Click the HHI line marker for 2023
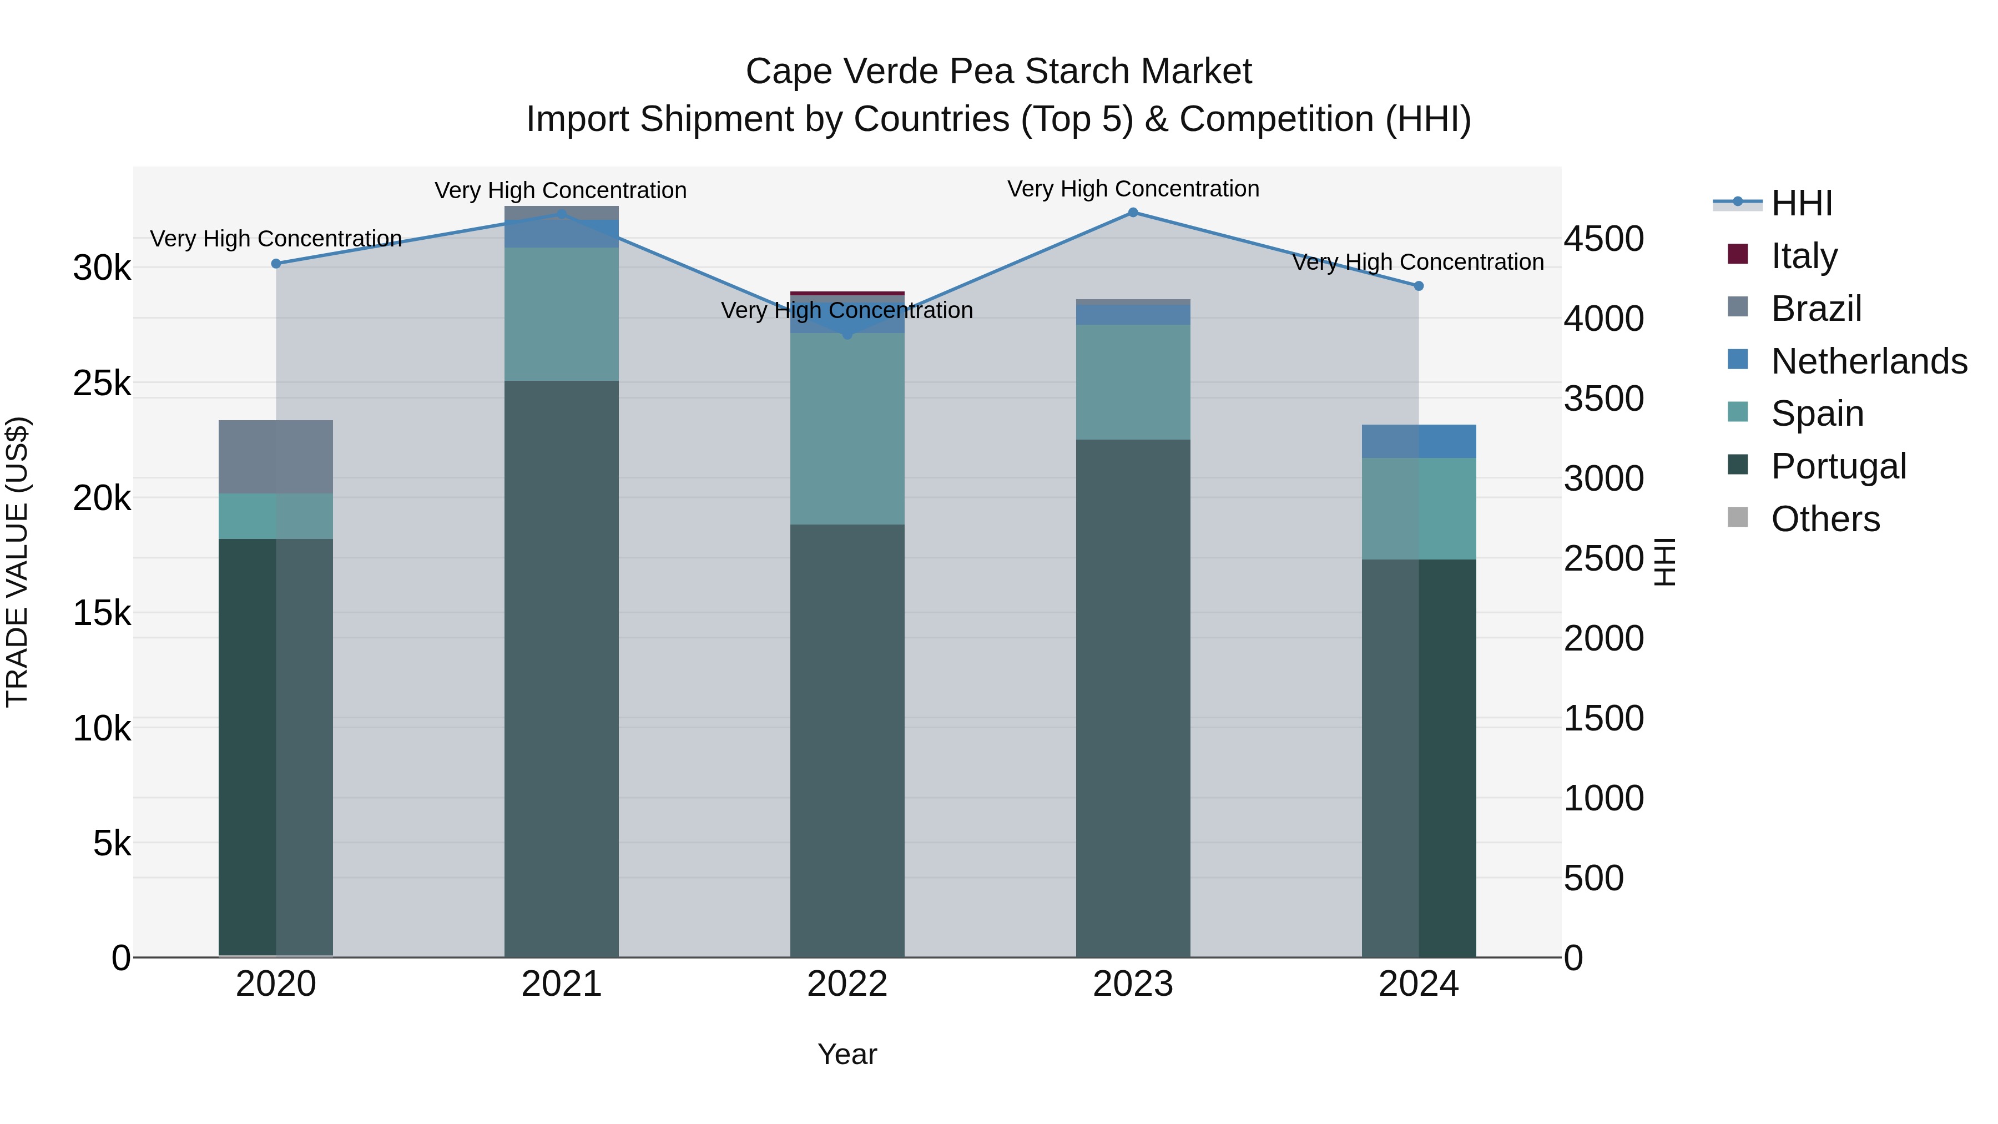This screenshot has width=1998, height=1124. [1132, 213]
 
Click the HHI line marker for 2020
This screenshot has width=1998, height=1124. [276, 264]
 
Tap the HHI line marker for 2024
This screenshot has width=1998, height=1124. [1419, 286]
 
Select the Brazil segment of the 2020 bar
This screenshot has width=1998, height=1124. [276, 457]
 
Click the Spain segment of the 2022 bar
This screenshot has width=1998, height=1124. [847, 429]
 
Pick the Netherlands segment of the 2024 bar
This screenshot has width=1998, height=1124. [1419, 441]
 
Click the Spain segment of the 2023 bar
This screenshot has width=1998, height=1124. [1132, 382]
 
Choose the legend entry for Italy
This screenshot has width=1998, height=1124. [1803, 256]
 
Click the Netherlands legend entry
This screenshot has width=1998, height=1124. [1868, 361]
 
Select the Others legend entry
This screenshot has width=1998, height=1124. [1824, 519]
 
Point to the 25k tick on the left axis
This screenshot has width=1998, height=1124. [102, 383]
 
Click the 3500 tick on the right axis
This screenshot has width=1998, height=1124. [1602, 399]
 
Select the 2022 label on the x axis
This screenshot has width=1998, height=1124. [847, 984]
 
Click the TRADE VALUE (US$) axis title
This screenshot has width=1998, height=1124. [17, 562]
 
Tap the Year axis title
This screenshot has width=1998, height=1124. [847, 1055]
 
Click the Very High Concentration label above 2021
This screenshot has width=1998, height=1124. [560, 191]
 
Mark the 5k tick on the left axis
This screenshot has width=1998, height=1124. [112, 843]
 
